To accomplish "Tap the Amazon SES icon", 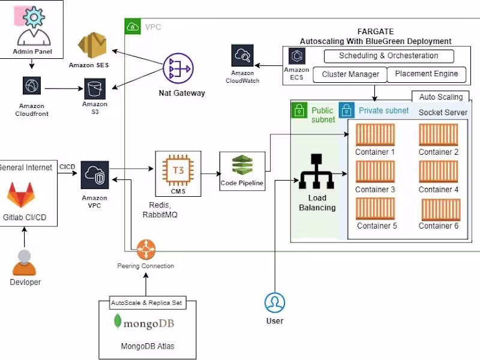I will pos(92,46).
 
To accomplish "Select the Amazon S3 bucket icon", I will pos(95,89).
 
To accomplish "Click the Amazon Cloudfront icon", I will pos(31,85).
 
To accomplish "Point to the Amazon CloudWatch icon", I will pos(242,56).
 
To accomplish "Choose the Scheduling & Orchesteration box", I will pos(388,56).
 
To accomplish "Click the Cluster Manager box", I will pos(350,74).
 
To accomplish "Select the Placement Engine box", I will pos(426,74).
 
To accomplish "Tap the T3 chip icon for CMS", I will pos(178,170).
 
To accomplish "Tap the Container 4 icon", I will pos(438,172).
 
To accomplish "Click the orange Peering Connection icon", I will pos(145,247).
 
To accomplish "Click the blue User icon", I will pos(275,302).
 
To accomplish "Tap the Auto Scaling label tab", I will pos(440,97).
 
